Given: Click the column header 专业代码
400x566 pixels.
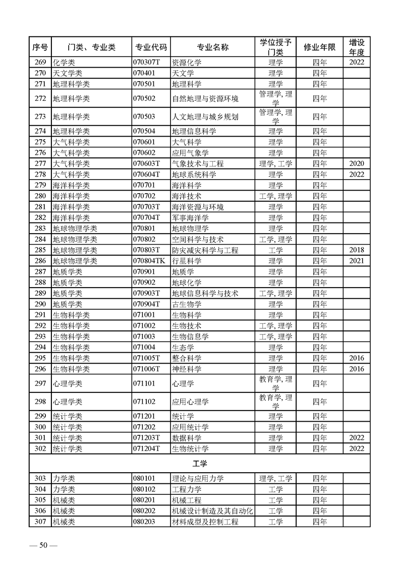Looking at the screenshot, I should click(x=151, y=47).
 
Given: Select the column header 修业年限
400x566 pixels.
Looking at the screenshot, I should click(x=319, y=47).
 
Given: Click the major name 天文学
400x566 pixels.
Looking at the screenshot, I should click(x=183, y=74).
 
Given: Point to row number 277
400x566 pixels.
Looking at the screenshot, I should click(x=40, y=163).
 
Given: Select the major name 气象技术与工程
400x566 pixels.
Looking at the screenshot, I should click(x=198, y=163).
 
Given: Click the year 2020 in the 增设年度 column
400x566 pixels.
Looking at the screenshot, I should click(x=356, y=163).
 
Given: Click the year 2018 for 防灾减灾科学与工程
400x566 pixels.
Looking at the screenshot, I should click(x=356, y=250).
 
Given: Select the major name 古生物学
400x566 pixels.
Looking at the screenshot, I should click(x=187, y=304).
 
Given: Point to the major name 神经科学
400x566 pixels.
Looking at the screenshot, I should click(x=187, y=369).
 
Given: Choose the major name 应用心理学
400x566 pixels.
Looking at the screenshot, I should click(x=190, y=402).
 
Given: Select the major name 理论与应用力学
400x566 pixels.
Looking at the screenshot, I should click(x=198, y=478).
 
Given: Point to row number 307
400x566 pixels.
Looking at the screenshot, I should click(x=40, y=522).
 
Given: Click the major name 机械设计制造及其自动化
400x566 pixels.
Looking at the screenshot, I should click(x=212, y=511).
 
